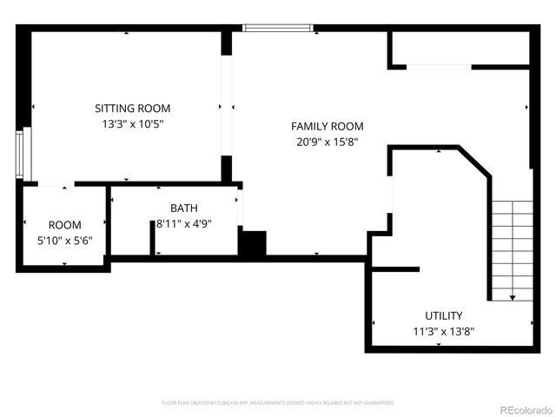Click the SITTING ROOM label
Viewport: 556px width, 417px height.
(x=132, y=109)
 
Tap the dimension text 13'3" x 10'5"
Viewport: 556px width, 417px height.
(x=132, y=124)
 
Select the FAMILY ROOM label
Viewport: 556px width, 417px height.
(x=327, y=126)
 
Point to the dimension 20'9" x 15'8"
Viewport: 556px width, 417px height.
(x=327, y=142)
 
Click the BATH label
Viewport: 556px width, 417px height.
(x=183, y=208)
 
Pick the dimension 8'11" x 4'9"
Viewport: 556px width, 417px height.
(x=183, y=224)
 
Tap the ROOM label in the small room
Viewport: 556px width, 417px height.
(x=64, y=225)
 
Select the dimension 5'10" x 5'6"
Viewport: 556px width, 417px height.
(x=64, y=241)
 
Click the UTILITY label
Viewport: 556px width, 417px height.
(x=443, y=315)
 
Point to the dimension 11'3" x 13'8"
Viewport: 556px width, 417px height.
(x=443, y=331)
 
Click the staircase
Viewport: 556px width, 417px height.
(x=512, y=248)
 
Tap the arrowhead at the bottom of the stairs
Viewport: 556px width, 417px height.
(x=512, y=298)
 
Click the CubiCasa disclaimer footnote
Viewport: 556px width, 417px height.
(x=278, y=403)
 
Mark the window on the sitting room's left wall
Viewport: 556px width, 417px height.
(x=27, y=153)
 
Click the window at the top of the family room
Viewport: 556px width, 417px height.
(x=277, y=28)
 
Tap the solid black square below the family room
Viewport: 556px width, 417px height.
(x=252, y=243)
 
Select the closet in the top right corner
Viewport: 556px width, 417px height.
(x=458, y=49)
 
